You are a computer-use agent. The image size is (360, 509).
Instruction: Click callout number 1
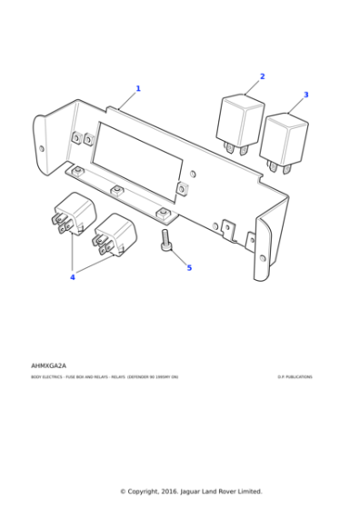[138, 89]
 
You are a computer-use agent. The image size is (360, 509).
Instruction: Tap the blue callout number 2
[262, 77]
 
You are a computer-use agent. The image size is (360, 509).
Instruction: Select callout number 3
[305, 95]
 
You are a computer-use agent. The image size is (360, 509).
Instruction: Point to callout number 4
[72, 277]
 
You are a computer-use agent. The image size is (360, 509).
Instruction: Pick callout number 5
[189, 268]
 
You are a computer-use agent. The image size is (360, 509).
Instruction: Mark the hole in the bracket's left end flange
[41, 147]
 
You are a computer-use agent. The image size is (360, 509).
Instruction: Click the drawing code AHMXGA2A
[48, 365]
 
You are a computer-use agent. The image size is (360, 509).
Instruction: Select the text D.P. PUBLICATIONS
[295, 377]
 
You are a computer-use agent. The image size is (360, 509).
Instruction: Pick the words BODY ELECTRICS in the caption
[45, 377]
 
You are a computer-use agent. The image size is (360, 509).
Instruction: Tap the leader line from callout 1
[128, 101]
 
